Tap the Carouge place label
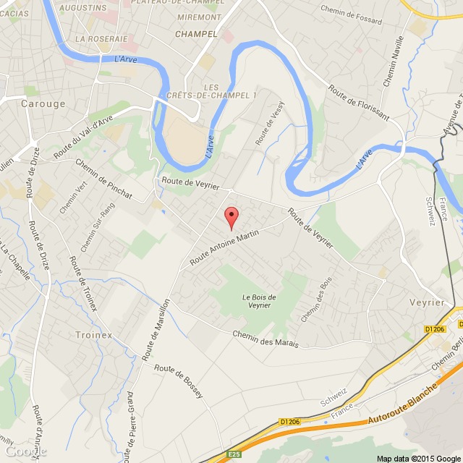43,103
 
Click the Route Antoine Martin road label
224,247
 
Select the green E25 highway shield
232,454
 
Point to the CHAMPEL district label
196,33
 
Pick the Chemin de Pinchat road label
104,178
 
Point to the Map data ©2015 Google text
418,458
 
